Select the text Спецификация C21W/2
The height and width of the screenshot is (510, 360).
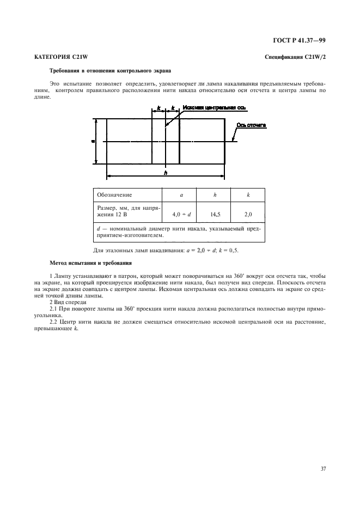[x=295, y=57]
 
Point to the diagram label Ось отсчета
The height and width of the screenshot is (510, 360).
[x=252, y=126]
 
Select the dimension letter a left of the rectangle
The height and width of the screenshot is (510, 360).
[x=93, y=141]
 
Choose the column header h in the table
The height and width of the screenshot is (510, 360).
[x=215, y=195]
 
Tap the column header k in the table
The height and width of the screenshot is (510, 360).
[x=248, y=195]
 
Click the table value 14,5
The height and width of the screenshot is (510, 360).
[x=215, y=215]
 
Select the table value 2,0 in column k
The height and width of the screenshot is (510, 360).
[x=248, y=215]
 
